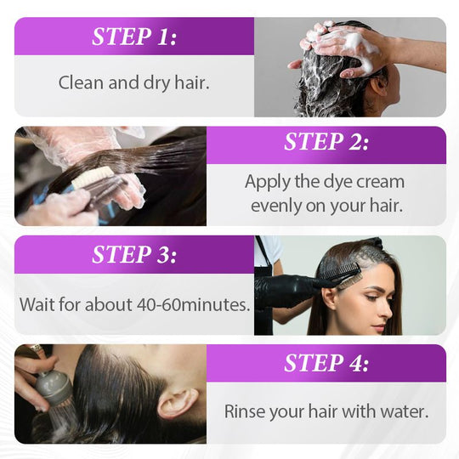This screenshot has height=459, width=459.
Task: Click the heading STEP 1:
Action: tap(134, 37)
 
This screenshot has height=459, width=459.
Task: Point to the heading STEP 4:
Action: tap(326, 363)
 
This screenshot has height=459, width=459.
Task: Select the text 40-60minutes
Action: tap(201, 303)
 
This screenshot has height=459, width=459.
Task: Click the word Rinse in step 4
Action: tap(245, 411)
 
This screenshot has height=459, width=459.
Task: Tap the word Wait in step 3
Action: tap(37, 303)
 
